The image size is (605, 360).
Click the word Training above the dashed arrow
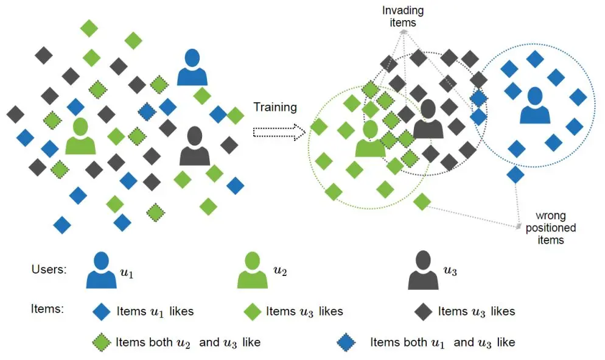[275, 108]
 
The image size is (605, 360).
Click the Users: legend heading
[49, 270]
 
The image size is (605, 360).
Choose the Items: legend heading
[47, 309]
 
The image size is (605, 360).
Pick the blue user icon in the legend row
[101, 270]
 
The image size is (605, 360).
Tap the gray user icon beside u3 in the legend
[424, 272]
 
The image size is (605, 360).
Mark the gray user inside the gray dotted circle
[428, 120]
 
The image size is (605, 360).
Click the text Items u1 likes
[155, 311]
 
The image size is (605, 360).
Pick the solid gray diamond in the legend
[423, 311]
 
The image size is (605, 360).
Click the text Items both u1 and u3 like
[442, 342]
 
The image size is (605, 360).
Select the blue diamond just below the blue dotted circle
[516, 175]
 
